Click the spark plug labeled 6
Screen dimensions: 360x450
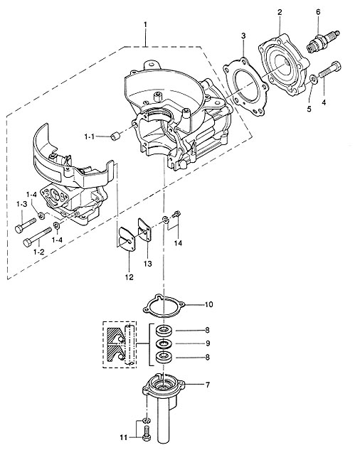click(x=323, y=42)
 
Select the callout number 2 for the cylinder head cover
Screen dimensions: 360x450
click(x=280, y=12)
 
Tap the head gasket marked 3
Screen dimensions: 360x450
click(x=246, y=87)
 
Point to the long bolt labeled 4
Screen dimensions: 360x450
click(x=330, y=70)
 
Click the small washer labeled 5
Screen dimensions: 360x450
click(x=314, y=79)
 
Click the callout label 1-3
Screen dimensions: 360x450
click(x=21, y=204)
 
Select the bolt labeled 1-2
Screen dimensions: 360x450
click(x=37, y=237)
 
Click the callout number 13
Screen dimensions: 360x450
click(x=148, y=263)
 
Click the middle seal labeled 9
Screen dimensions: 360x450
click(x=164, y=343)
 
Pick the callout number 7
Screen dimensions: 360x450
click(x=208, y=385)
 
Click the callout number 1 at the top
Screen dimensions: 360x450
click(x=145, y=24)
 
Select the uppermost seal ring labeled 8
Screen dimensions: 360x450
click(x=164, y=331)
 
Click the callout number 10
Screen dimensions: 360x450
click(x=209, y=304)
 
